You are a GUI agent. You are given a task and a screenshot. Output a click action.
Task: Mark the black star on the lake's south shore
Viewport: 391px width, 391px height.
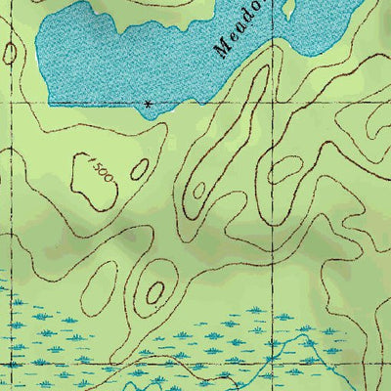point(148,103)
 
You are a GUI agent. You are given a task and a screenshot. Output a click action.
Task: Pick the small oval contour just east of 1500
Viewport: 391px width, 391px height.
point(139,169)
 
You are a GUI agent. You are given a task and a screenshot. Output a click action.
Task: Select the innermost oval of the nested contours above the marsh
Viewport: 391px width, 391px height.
point(153,292)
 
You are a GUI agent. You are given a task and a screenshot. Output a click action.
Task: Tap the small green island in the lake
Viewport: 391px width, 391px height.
point(288,8)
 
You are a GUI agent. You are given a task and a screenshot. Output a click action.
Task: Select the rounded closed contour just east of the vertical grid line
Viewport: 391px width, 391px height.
point(289,174)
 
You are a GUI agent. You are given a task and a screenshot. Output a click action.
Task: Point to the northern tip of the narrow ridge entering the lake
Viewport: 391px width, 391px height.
point(262,70)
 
